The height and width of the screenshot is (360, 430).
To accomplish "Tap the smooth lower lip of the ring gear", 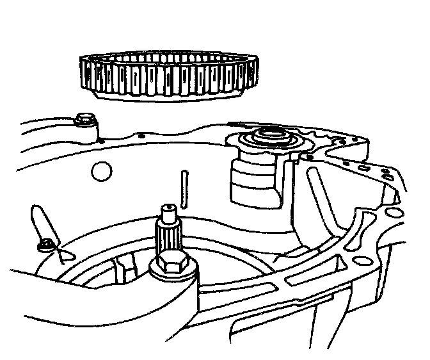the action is point(168,95).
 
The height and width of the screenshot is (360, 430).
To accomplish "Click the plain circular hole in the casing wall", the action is point(100,171).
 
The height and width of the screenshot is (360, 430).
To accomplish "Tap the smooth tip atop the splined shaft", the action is point(168,209).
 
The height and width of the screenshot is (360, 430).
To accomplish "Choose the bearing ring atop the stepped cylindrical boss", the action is point(268,138).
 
